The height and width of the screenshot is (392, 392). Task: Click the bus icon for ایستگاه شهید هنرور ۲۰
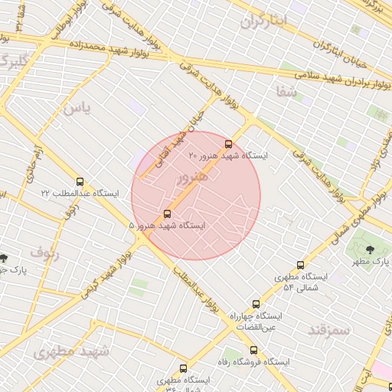pyautogui.click(x=228, y=144)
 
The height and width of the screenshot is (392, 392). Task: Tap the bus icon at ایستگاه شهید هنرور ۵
pyautogui.click(x=168, y=214)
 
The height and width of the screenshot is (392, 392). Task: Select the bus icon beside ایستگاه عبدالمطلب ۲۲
pyautogui.click(x=80, y=182)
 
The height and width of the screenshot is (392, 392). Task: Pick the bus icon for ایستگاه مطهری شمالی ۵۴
pyautogui.click(x=300, y=265)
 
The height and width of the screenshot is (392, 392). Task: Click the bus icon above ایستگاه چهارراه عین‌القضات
pyautogui.click(x=256, y=304)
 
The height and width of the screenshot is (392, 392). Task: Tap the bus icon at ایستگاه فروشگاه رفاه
pyautogui.click(x=253, y=350)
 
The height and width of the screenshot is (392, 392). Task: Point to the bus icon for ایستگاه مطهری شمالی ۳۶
pyautogui.click(x=183, y=368)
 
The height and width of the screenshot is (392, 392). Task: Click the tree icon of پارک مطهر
pyautogui.click(x=371, y=249)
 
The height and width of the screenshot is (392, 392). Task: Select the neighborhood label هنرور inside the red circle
pyautogui.click(x=192, y=178)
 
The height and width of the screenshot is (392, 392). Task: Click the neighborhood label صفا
pyautogui.click(x=287, y=91)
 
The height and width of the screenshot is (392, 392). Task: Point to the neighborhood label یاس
pyautogui.click(x=77, y=109)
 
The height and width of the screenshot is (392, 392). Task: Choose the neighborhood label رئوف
pyautogui.click(x=45, y=251)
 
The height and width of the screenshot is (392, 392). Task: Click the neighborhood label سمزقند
pyautogui.click(x=328, y=330)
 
